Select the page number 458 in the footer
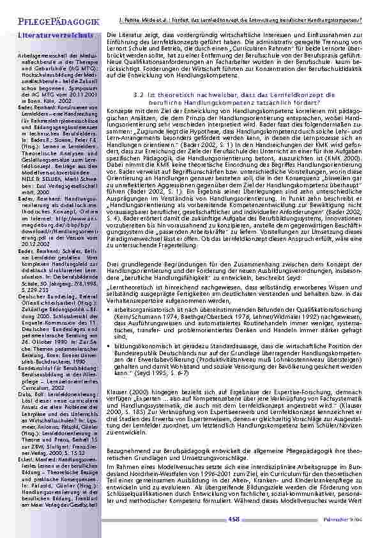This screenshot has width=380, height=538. pyautogui.click(x=234, y=520)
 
